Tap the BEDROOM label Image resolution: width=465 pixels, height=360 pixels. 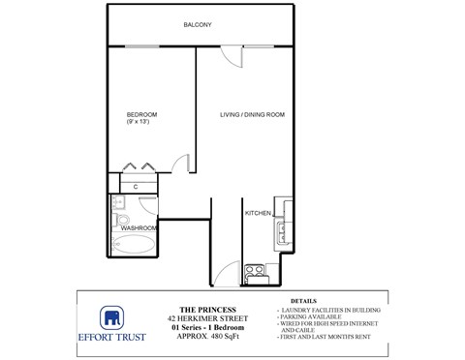(141, 114)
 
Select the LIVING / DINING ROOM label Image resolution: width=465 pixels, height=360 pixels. (251, 115)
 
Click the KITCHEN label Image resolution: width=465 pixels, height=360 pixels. (257, 212)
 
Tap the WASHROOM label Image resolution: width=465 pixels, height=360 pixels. (139, 227)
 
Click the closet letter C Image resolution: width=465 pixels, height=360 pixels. (136, 185)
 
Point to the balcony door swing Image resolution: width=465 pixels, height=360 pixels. (231, 55)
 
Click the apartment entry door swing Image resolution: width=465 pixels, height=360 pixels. (227, 274)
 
